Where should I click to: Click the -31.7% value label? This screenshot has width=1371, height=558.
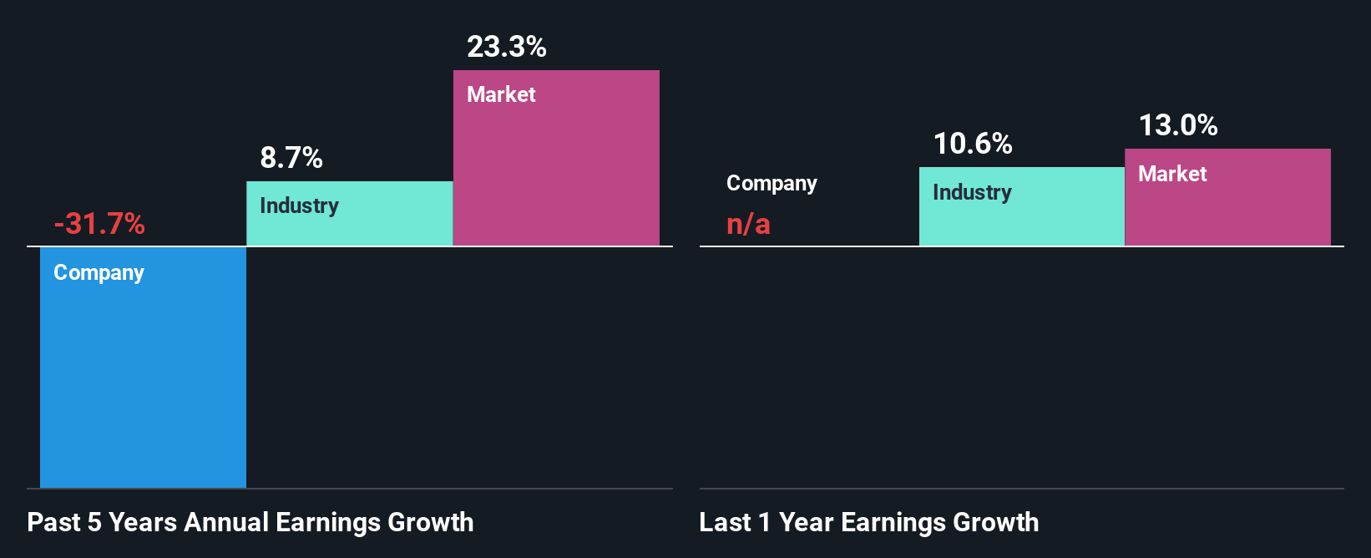tap(99, 224)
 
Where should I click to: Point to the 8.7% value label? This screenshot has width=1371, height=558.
tap(291, 158)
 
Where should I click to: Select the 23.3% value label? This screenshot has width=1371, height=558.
tap(507, 47)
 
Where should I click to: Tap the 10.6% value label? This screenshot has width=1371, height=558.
tap(973, 144)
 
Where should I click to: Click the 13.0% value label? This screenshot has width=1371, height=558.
tap(1178, 125)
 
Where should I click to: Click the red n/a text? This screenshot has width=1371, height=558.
tap(748, 224)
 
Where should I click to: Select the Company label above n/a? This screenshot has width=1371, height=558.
tap(772, 184)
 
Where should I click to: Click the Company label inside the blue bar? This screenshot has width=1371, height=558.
tap(99, 273)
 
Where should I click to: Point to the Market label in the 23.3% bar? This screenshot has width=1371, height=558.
tap(501, 94)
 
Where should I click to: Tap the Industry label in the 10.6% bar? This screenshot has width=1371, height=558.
tap(972, 193)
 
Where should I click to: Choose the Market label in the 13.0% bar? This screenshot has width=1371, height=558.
tap(1172, 174)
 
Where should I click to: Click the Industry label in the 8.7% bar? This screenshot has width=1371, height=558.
tap(299, 206)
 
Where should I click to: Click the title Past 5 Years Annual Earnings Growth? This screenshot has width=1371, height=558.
tap(250, 522)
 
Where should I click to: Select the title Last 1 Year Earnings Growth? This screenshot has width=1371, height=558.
tap(868, 522)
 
